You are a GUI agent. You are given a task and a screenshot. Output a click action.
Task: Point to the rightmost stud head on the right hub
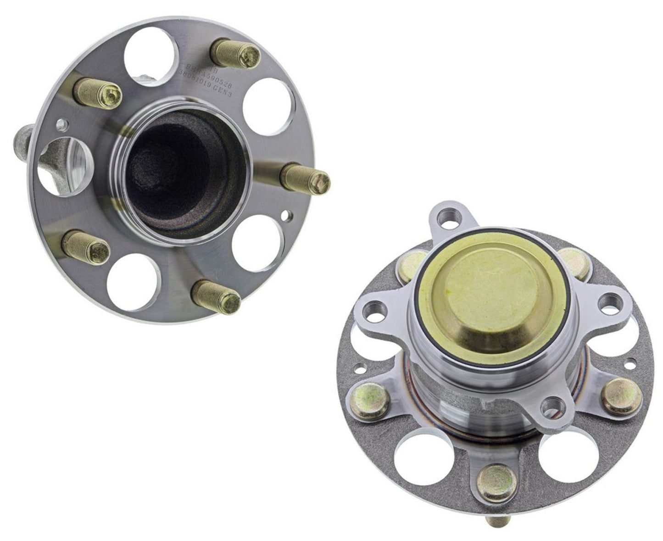tap(618, 395)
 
